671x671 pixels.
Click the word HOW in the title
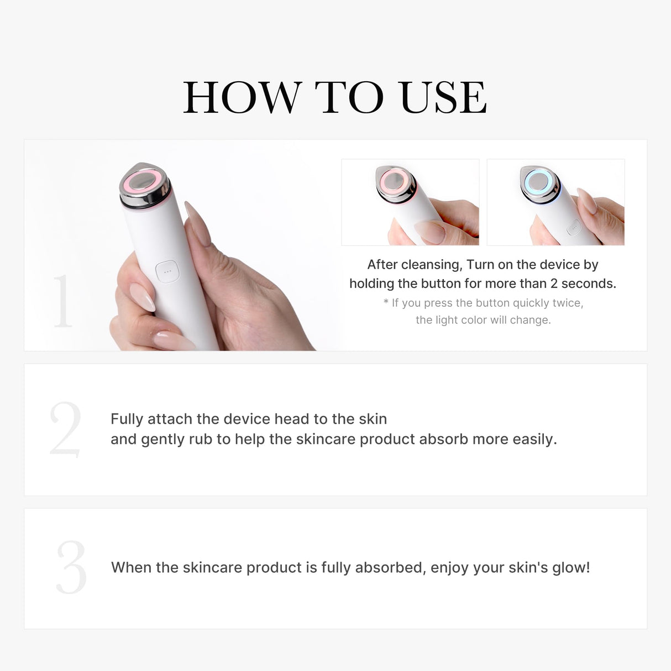point(242,98)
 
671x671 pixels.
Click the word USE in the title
point(443,98)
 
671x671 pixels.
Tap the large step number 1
point(62,301)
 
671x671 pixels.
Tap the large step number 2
point(65,429)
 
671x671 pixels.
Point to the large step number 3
point(71,568)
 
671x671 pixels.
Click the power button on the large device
point(167,272)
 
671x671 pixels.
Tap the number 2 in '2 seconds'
point(554,284)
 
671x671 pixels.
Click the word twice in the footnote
point(566,303)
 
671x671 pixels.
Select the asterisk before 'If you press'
point(386,303)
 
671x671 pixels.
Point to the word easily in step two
point(534,439)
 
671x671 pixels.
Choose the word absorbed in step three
point(390,568)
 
